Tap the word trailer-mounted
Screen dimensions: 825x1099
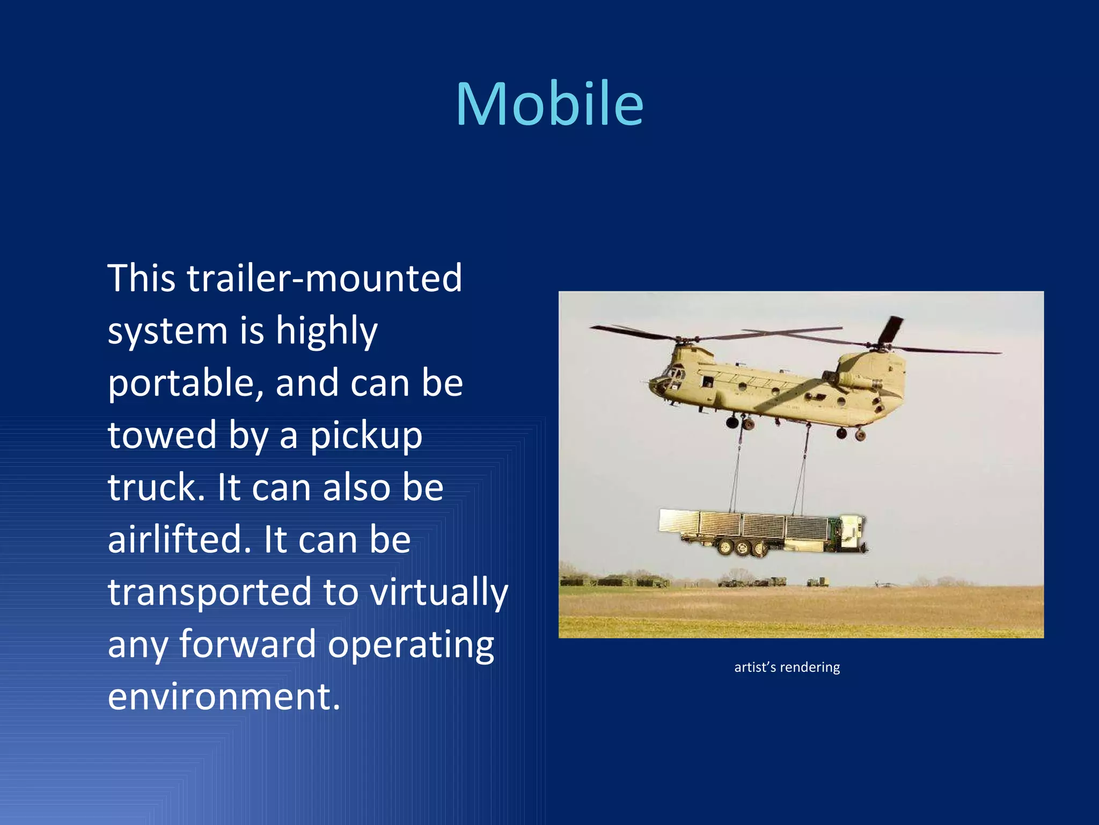(324, 278)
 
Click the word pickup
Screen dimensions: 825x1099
(367, 436)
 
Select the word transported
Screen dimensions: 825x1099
(209, 592)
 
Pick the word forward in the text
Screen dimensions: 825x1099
(247, 644)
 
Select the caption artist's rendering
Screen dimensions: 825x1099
(787, 667)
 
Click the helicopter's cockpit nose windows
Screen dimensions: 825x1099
(669, 376)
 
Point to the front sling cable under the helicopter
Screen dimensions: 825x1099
(736, 467)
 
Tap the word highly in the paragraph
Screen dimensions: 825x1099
(326, 331)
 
